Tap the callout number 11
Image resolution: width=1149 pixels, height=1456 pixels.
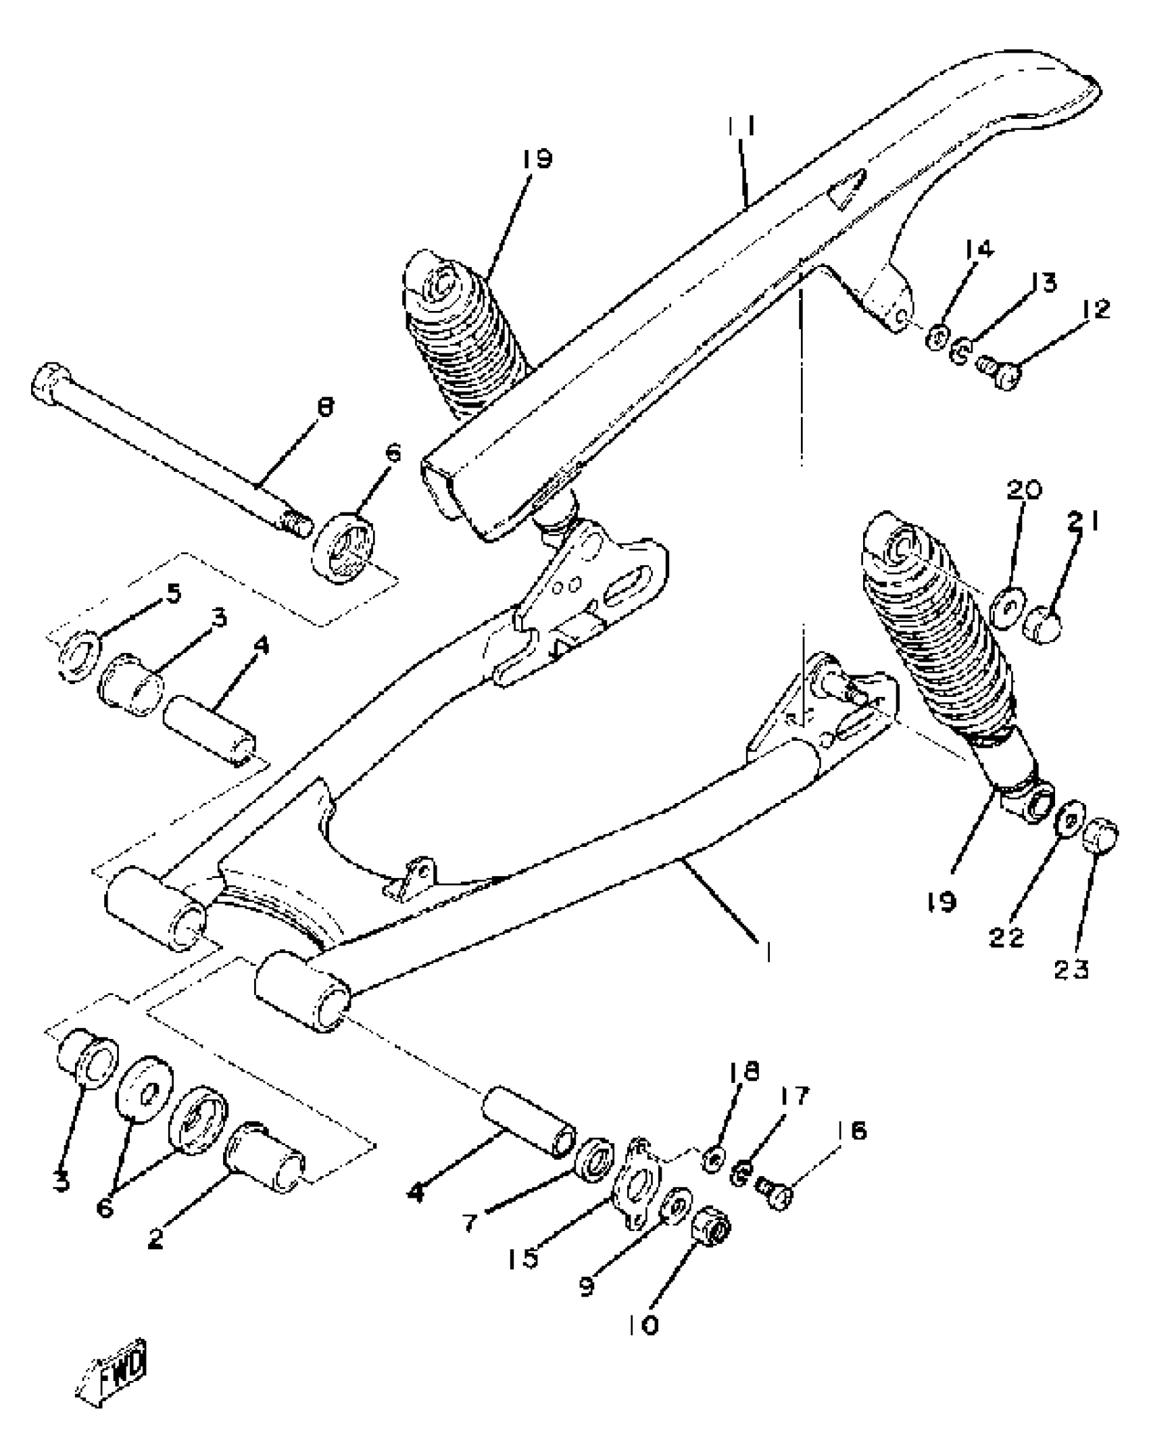click(x=741, y=128)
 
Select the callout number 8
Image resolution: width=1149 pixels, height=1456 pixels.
click(x=325, y=408)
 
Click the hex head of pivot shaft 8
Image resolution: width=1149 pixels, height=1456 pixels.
click(x=50, y=383)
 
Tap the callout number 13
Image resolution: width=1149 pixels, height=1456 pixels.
click(x=1045, y=283)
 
